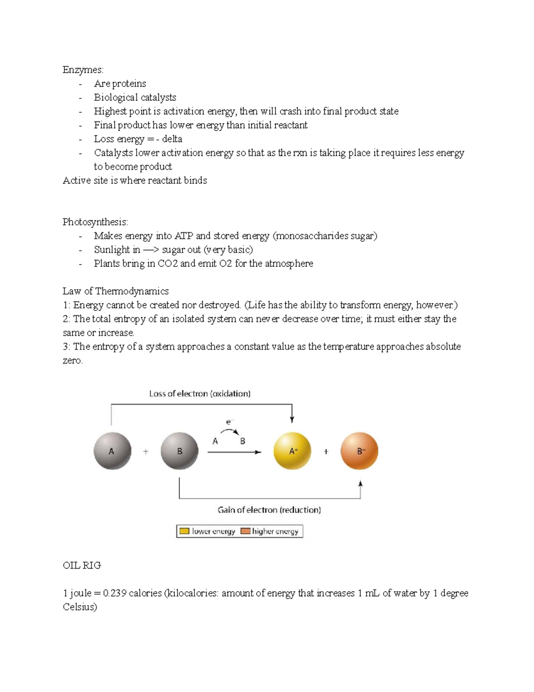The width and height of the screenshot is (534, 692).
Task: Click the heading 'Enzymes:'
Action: (x=83, y=70)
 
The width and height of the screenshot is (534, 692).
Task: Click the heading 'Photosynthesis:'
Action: (x=95, y=222)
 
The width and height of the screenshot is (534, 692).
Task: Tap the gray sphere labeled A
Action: (x=112, y=451)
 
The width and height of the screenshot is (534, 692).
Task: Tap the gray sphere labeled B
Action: (x=179, y=451)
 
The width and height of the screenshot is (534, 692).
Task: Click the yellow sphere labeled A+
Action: (x=292, y=451)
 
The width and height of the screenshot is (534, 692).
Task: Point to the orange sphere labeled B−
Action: (x=360, y=451)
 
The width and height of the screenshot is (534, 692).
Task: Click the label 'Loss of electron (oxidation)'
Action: (x=200, y=393)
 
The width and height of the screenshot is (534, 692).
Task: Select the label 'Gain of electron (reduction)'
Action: (x=269, y=510)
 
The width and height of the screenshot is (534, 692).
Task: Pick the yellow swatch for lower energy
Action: (x=184, y=531)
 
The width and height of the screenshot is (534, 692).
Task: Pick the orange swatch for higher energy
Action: (x=245, y=531)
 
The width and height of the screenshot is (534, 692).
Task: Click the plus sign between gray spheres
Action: (x=146, y=451)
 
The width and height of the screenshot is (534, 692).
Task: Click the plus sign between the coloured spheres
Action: (x=326, y=451)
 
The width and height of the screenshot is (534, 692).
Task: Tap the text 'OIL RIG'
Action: (x=82, y=565)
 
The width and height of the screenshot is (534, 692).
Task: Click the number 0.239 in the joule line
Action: (x=114, y=593)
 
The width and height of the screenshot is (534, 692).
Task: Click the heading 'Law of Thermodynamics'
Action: (x=116, y=291)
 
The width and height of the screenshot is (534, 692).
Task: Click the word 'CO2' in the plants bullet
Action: (x=168, y=263)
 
